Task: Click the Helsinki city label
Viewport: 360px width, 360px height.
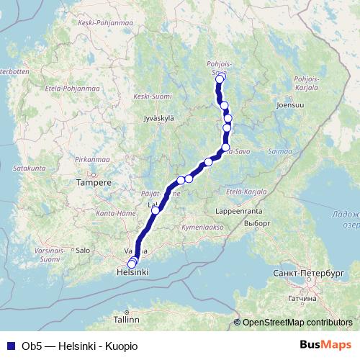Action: (x=132, y=273)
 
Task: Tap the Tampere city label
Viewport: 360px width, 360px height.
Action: (x=94, y=183)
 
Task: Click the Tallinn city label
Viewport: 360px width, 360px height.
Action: (x=126, y=318)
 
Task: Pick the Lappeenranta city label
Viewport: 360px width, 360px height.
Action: (x=240, y=212)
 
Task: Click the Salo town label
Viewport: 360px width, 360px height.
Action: (x=83, y=251)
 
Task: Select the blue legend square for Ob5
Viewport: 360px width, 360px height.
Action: (x=9, y=346)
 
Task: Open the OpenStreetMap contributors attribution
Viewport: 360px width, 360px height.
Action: (x=297, y=323)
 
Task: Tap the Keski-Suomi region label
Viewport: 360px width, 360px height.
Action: (x=152, y=96)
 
